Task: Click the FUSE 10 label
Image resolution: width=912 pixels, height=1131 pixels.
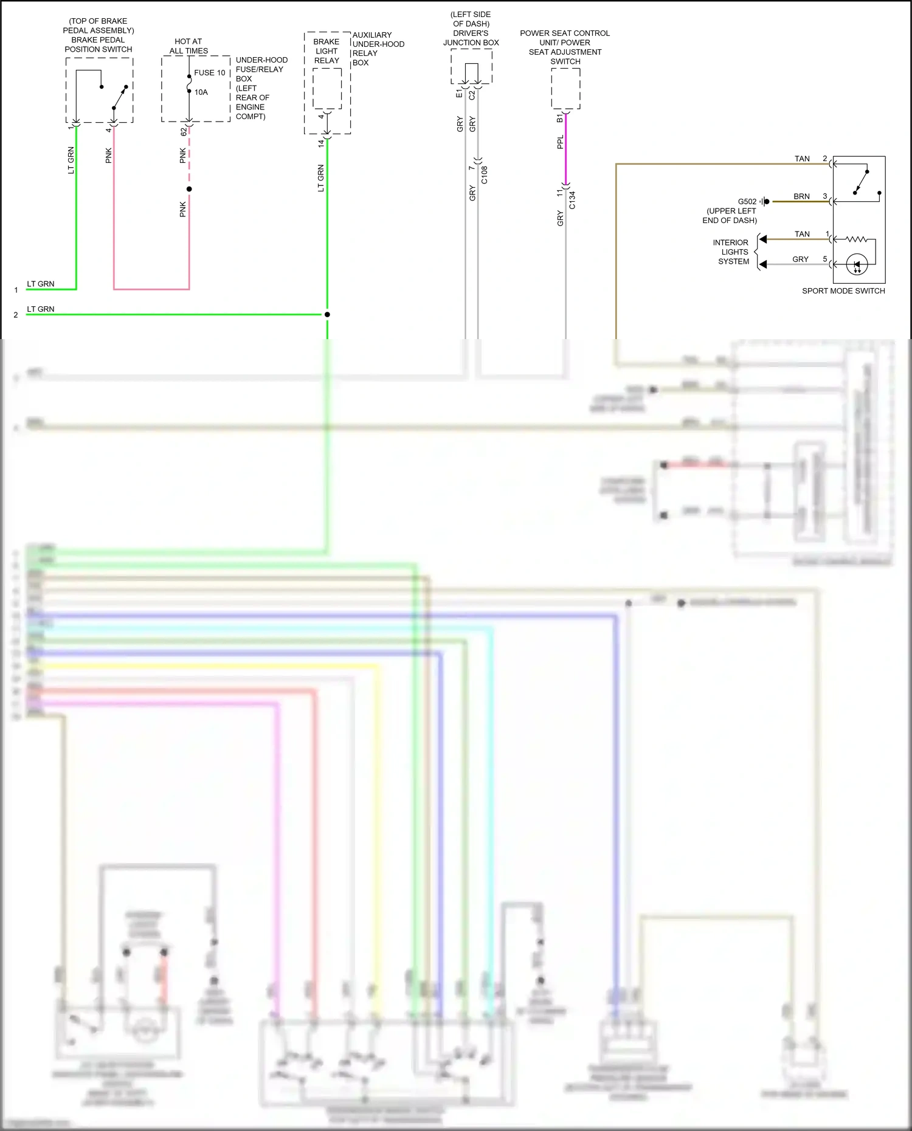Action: click(210, 73)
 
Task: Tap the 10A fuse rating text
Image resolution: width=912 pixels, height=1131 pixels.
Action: click(201, 92)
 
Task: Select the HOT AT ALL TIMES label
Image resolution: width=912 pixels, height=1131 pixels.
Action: click(188, 46)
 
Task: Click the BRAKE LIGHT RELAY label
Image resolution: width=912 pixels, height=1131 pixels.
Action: click(326, 51)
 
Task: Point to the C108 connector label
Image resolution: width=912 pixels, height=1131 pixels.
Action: click(485, 175)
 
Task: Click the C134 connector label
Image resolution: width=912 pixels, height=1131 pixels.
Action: click(572, 200)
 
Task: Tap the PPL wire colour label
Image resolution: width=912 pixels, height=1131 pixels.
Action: click(561, 142)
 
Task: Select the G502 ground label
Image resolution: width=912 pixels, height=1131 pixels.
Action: click(747, 202)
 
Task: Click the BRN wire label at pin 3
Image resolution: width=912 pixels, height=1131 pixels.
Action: click(801, 196)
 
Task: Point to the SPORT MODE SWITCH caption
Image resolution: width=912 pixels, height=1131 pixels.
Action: click(843, 291)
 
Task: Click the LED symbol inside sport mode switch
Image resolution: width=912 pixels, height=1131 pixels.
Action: click(857, 264)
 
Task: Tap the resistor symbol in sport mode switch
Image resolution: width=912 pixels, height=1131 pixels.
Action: click(857, 239)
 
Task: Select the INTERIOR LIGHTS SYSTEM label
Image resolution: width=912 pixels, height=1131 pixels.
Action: click(732, 252)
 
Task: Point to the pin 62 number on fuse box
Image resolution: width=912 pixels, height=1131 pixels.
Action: click(184, 131)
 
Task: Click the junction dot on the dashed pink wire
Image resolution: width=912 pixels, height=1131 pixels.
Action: click(189, 189)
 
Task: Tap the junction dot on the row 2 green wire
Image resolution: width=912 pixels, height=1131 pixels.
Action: click(327, 314)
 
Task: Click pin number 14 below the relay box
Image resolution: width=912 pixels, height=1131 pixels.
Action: click(321, 143)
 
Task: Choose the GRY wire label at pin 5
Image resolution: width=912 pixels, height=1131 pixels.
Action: click(800, 260)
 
